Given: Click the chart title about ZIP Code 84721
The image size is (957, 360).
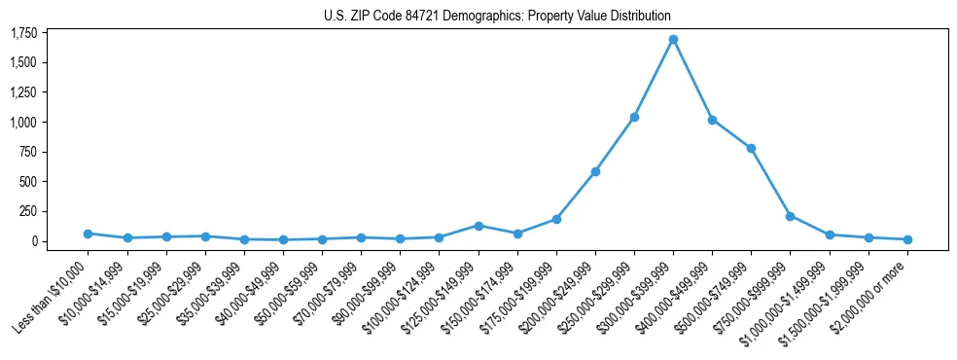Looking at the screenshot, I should [497, 16].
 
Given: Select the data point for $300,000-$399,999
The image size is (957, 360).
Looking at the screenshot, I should [673, 40].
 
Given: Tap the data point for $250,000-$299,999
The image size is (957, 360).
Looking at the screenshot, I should [634, 117].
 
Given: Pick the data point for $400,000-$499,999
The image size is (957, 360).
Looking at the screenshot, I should [712, 120].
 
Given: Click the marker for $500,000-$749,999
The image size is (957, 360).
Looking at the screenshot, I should [751, 148].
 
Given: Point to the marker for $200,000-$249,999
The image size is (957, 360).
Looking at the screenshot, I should [595, 171].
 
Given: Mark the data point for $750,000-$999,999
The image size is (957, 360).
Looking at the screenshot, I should [790, 216].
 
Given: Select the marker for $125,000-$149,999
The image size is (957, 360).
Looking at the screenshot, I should [478, 226].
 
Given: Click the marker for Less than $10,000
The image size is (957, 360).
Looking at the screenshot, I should [88, 234].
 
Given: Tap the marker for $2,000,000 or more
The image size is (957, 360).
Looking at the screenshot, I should [907, 239].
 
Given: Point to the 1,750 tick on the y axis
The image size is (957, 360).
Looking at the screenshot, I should [23, 33].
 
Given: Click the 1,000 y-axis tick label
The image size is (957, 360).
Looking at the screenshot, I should [23, 123].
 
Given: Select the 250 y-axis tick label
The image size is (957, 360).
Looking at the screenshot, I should [27, 211].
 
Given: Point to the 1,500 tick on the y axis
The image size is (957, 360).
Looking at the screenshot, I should [23, 63].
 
